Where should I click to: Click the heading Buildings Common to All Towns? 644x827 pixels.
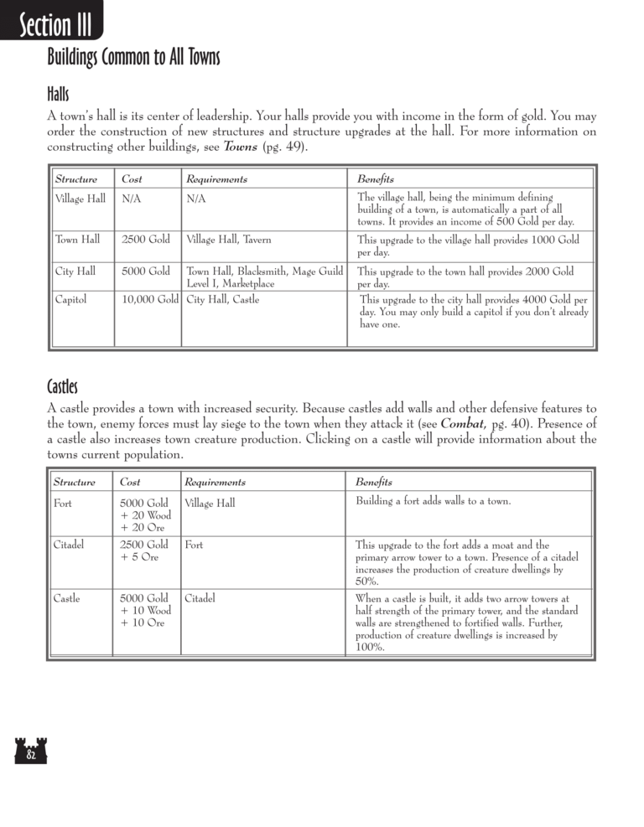tap(133, 58)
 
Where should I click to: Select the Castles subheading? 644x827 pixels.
tap(62, 386)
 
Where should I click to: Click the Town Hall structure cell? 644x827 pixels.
tap(77, 240)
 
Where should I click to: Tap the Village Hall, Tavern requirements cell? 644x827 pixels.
tap(229, 240)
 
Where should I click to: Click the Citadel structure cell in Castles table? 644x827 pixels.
tap(70, 545)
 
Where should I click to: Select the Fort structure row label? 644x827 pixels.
tap(63, 504)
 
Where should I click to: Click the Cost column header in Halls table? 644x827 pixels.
tap(132, 179)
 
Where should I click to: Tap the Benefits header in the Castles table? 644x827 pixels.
tap(373, 483)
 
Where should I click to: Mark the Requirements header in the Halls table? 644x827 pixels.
tap(216, 179)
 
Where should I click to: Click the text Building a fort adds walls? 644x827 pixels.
tap(434, 501)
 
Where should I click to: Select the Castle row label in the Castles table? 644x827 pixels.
tap(67, 598)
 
